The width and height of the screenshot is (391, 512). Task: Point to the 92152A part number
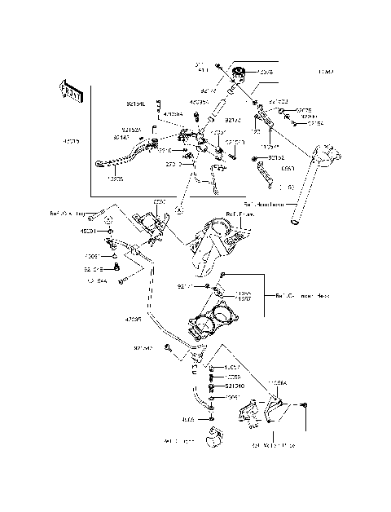click(x=131, y=130)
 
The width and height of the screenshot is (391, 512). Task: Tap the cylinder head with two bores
click(x=214, y=326)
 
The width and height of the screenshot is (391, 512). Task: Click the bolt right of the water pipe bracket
click(x=302, y=405)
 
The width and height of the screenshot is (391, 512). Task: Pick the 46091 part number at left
click(x=88, y=231)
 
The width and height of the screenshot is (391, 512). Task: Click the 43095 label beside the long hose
click(x=134, y=320)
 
